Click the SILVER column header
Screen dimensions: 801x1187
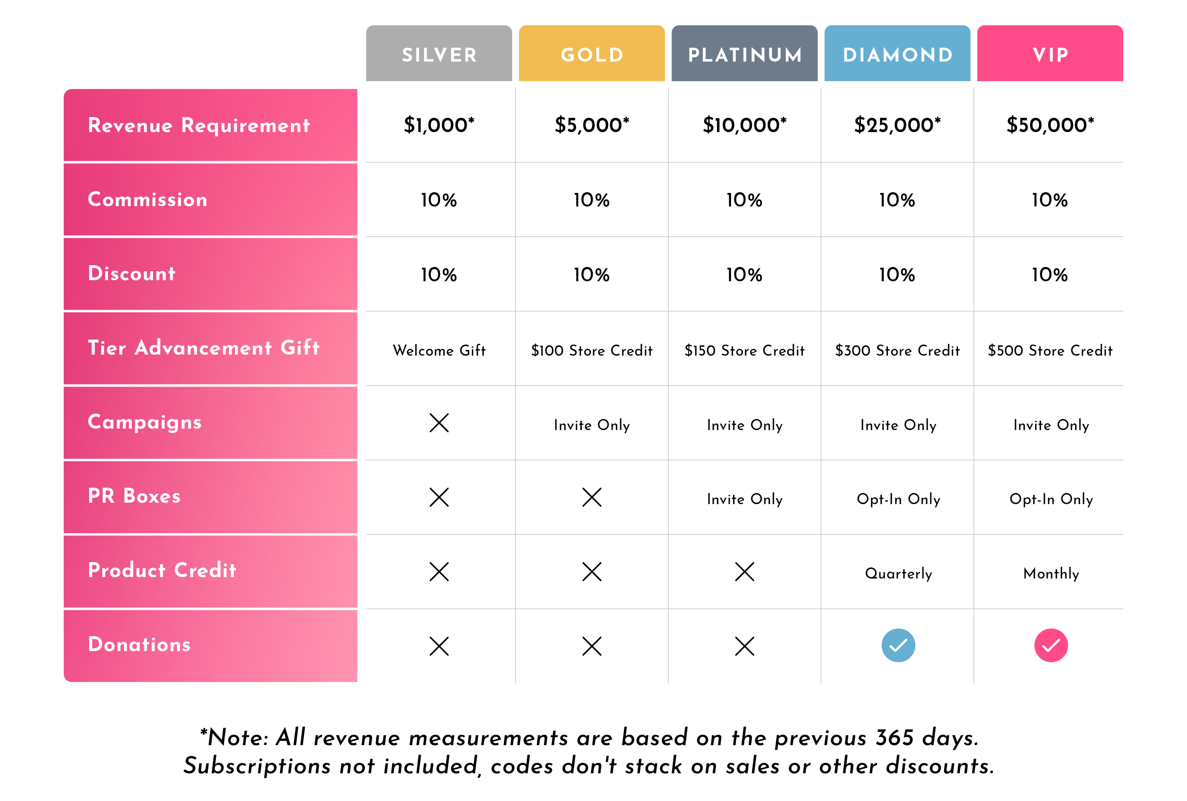click(439, 54)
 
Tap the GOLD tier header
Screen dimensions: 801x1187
click(591, 54)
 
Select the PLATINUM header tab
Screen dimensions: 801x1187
click(744, 54)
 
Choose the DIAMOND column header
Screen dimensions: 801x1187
click(897, 54)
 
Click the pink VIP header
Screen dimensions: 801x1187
click(1050, 54)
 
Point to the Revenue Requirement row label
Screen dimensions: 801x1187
click(199, 126)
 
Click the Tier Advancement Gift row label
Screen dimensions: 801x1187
click(204, 348)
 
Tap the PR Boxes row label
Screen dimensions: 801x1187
click(134, 496)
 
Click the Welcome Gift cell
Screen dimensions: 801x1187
click(439, 350)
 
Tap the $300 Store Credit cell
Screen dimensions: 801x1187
click(897, 350)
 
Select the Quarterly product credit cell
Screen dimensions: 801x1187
click(898, 573)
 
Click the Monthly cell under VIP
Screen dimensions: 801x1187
click(1051, 573)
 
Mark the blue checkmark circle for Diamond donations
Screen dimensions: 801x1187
click(898, 645)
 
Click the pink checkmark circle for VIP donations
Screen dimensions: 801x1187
click(1051, 645)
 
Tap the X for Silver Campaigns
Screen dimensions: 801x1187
click(439, 423)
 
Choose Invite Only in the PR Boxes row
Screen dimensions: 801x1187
click(744, 499)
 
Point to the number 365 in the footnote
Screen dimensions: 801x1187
click(894, 738)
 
